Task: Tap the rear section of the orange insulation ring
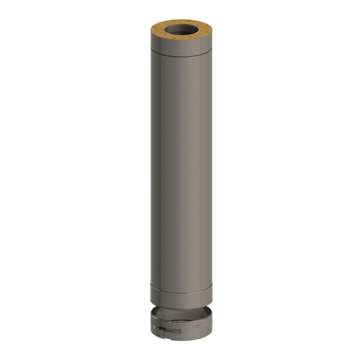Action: [x=180, y=23]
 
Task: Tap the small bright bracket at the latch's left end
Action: [x=159, y=331]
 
